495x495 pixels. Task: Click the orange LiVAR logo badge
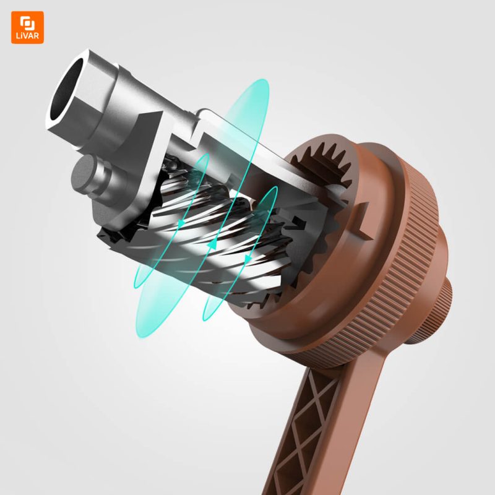tap(27, 27)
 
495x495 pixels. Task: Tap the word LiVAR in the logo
tap(27, 36)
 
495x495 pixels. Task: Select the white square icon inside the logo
tap(27, 23)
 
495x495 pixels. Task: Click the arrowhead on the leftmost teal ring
tap(181, 223)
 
